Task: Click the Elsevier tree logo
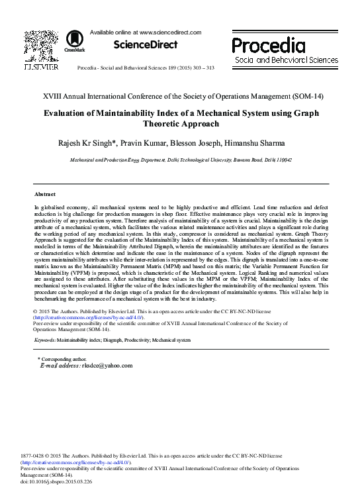[41, 45]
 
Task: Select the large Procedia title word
[268, 45]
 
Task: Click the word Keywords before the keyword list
[44, 340]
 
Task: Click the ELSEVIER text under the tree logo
[41, 67]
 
